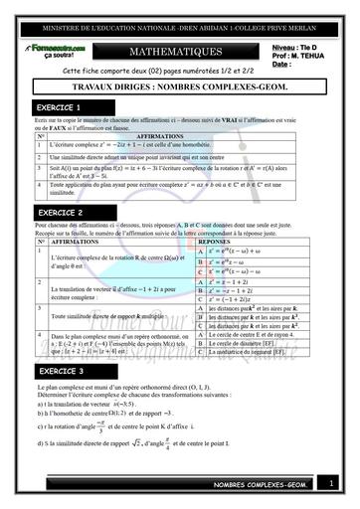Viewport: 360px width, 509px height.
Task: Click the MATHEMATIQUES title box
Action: pyautogui.click(x=179, y=51)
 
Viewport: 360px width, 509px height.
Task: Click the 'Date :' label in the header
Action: pyautogui.click(x=281, y=65)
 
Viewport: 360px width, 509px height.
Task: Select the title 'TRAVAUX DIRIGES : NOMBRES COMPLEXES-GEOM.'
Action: pyautogui.click(x=179, y=87)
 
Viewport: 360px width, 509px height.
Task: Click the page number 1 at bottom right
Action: pyautogui.click(x=332, y=483)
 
